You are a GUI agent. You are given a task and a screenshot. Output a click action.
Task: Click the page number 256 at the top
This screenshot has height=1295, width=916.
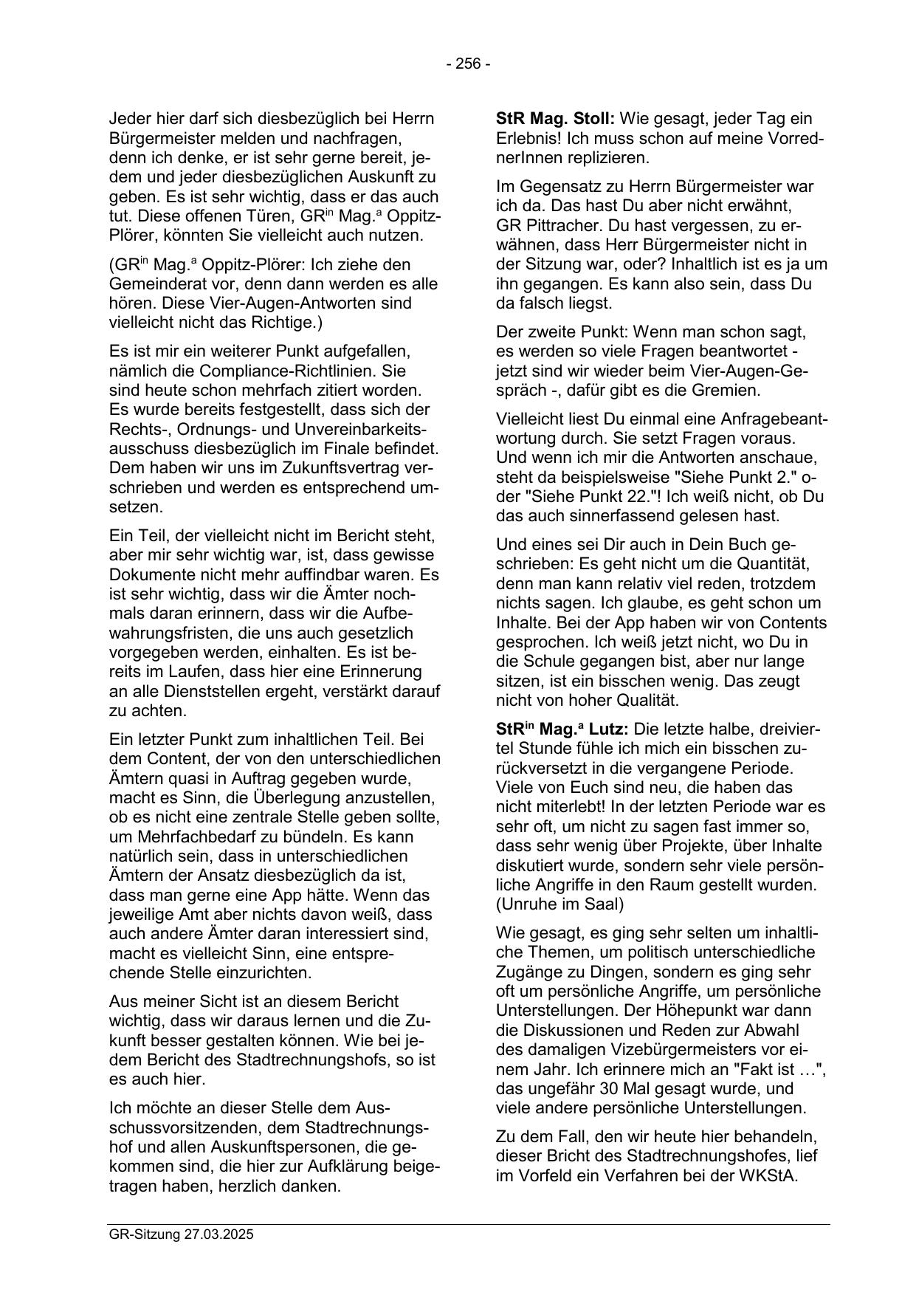click(467, 64)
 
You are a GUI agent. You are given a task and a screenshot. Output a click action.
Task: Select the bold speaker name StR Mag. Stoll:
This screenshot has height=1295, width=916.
click(556, 118)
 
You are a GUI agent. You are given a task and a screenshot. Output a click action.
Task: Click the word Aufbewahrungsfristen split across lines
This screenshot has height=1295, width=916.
click(391, 614)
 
